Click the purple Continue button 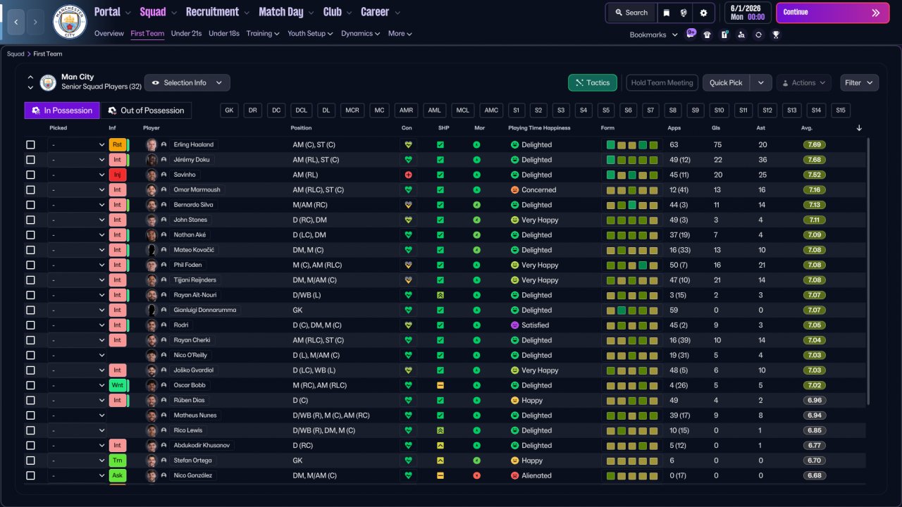point(832,13)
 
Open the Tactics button point(593,83)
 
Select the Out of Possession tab point(146,111)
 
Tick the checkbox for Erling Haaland point(30,145)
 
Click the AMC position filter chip point(491,111)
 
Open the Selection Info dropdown point(187,83)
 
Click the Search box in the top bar point(631,13)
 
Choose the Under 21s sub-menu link point(186,33)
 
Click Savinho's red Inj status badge point(117,175)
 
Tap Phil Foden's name point(187,265)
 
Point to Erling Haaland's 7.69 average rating point(814,145)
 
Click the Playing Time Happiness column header point(539,128)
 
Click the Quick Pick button point(726,83)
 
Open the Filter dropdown point(859,83)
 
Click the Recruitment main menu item point(212,12)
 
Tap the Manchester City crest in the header point(69,22)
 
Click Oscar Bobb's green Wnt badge point(118,385)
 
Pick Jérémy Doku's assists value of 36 point(762,160)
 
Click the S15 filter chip point(841,111)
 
